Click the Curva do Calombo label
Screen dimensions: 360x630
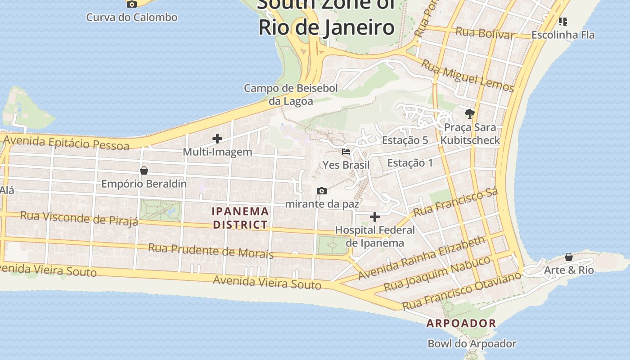pyautogui.click(x=131, y=18)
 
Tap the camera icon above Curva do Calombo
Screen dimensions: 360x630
pyautogui.click(x=131, y=4)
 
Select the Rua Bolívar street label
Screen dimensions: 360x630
pyautogui.click(x=485, y=33)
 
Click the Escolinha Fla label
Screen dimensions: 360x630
pyautogui.click(x=563, y=35)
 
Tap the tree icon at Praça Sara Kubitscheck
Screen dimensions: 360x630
pyautogui.click(x=470, y=113)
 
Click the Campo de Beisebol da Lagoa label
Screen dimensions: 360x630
pyautogui.click(x=291, y=94)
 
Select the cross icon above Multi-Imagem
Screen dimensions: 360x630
pyautogui.click(x=217, y=139)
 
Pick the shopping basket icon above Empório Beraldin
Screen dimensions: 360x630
pyautogui.click(x=144, y=171)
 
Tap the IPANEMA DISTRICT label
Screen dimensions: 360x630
pyautogui.click(x=240, y=218)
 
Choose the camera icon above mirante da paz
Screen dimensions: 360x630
pyautogui.click(x=322, y=191)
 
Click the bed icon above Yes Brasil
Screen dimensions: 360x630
pyautogui.click(x=346, y=152)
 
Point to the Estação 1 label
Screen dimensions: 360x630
pyautogui.click(x=410, y=163)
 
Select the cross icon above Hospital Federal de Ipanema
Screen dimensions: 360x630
pyautogui.click(x=375, y=217)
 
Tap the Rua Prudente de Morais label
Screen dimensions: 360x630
pyautogui.click(x=211, y=250)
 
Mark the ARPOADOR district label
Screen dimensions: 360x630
pyautogui.click(x=461, y=323)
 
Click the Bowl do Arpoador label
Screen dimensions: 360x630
pyautogui.click(x=472, y=344)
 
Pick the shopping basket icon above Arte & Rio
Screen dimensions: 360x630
pyautogui.click(x=569, y=257)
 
